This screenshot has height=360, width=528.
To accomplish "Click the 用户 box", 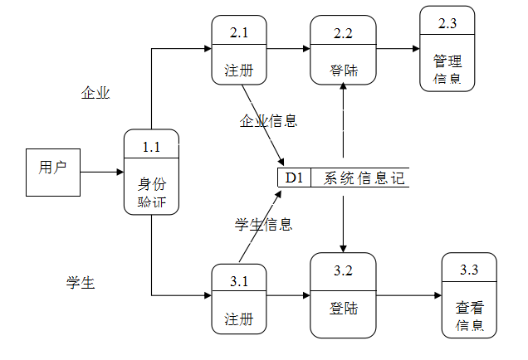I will [52, 173].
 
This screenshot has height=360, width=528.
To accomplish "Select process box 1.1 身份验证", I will [151, 173].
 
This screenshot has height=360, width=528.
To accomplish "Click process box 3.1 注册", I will [239, 299].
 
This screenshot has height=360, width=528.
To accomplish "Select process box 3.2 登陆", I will [343, 295].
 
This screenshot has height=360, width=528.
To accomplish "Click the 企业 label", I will [95, 93].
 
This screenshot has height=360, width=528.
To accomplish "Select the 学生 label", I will [81, 283].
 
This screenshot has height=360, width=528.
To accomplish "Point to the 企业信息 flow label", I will [268, 121].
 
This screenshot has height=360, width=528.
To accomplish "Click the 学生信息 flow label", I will [263, 224].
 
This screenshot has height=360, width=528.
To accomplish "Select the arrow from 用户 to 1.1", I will [101, 173].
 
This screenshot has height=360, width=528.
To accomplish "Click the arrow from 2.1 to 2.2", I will [289, 49].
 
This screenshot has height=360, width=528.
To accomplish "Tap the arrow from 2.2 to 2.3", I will [397, 49].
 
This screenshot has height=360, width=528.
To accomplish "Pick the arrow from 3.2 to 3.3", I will [408, 294].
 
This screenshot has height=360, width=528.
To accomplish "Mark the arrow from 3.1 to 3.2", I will [289, 294].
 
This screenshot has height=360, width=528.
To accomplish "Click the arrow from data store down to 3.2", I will [343, 220].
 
